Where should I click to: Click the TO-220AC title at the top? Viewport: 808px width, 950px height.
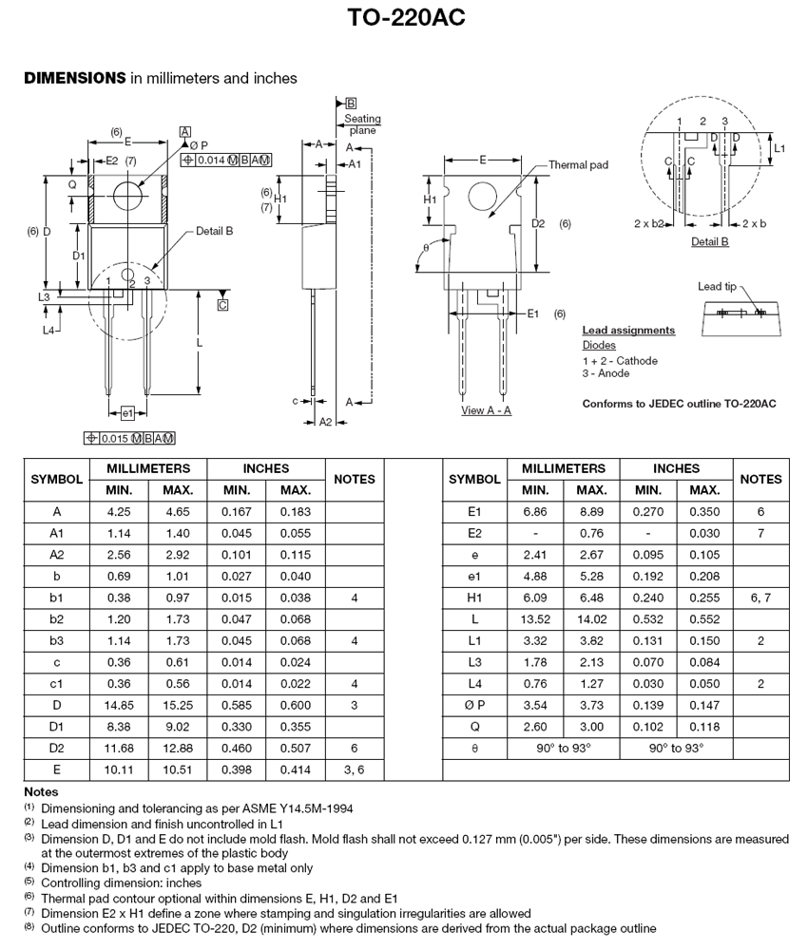[x=406, y=17]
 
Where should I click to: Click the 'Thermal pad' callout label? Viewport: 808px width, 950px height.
[x=578, y=164]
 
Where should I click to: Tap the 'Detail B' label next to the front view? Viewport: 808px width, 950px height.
[x=214, y=231]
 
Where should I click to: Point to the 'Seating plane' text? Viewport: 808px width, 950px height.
[x=362, y=124]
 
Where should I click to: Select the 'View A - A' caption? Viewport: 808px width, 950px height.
[x=486, y=410]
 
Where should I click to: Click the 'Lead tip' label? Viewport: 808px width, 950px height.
[x=717, y=286]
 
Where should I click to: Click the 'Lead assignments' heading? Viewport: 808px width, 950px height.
[x=628, y=331]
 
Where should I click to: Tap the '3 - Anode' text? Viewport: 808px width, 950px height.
[x=606, y=373]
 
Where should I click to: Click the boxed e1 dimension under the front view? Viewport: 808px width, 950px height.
[x=127, y=413]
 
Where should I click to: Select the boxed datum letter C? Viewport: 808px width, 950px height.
[x=222, y=305]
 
